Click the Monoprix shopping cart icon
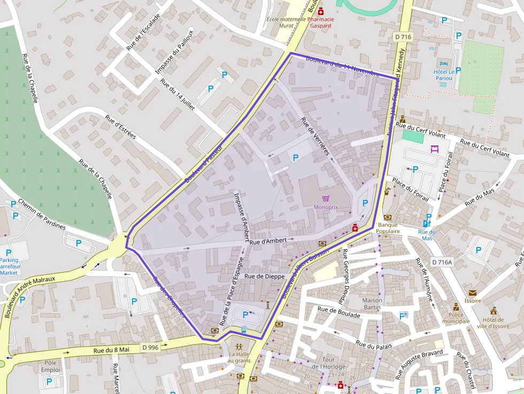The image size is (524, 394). click(x=326, y=198)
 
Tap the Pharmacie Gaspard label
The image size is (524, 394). click(x=321, y=22)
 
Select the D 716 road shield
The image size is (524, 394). click(x=403, y=37)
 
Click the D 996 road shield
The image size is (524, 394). click(x=151, y=347)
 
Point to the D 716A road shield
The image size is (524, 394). click(x=442, y=262)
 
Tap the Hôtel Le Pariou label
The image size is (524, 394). click(x=444, y=75)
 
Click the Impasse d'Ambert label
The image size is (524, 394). click(x=242, y=217)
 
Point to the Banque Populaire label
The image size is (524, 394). click(x=388, y=228)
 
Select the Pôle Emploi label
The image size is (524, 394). click(x=51, y=366)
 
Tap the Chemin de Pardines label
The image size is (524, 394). click(x=42, y=214)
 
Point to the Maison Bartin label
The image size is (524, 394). click(x=372, y=304)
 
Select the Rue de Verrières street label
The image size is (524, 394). click(x=316, y=139)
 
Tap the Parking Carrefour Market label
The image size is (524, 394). click(x=9, y=266)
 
